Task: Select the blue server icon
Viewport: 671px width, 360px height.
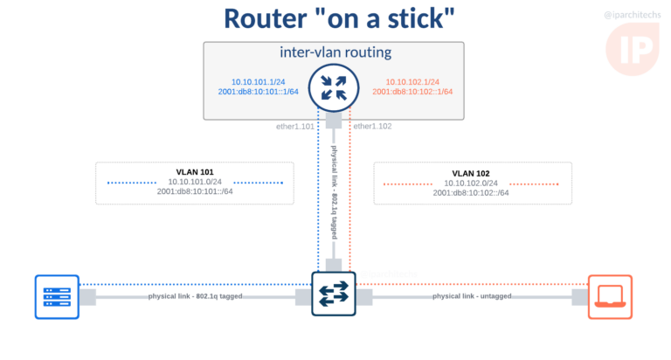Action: coord(57,296)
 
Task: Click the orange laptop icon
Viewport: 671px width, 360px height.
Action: coord(610,296)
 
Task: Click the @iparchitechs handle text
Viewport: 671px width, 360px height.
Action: coord(633,15)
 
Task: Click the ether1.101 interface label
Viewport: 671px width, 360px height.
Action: coord(295,127)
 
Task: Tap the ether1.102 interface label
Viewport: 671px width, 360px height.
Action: coord(373,127)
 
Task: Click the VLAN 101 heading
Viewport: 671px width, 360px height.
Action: coord(195,172)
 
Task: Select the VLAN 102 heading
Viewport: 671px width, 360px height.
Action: coord(471,173)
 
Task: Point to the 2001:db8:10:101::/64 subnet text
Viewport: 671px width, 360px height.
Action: coord(195,192)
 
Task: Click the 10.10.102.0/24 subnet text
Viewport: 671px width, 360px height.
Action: coord(471,183)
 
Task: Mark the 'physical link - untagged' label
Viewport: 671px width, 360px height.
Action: coord(472,296)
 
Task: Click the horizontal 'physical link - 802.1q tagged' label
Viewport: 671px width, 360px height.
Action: coord(195,296)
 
